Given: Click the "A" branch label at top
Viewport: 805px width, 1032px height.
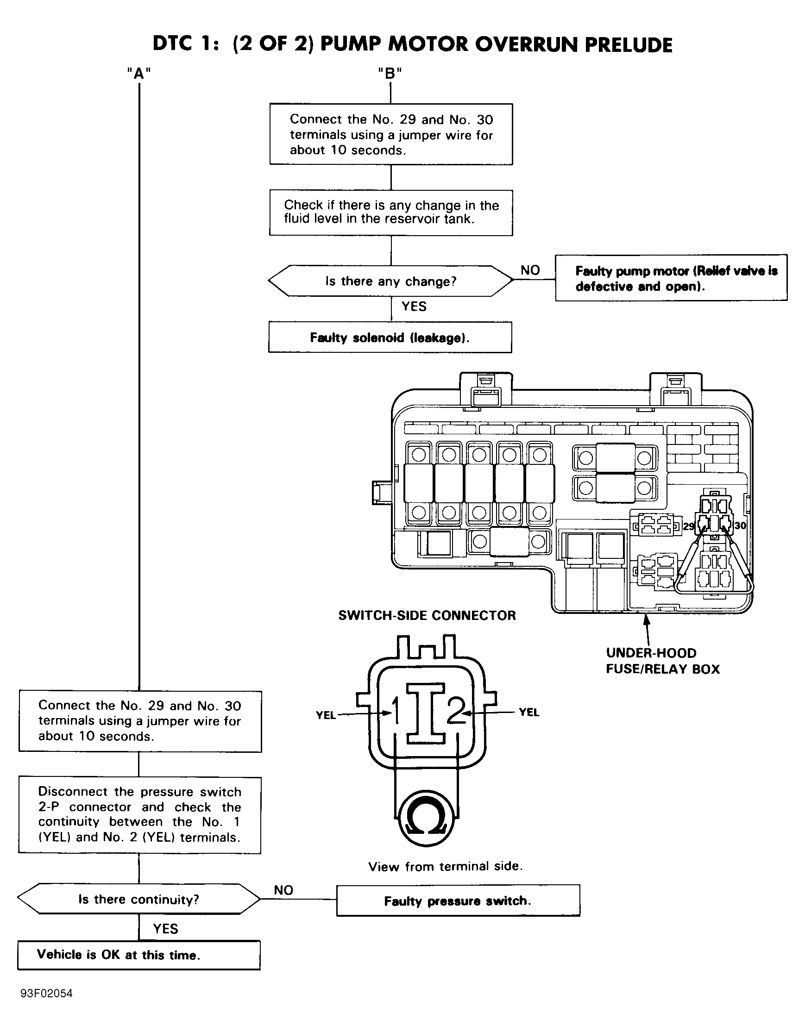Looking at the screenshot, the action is (139, 74).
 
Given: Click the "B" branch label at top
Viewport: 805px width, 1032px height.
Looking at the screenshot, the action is (390, 74).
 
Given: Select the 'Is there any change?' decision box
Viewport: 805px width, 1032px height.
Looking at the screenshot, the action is (391, 281).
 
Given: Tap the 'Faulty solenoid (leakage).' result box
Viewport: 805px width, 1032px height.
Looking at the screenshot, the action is (390, 338).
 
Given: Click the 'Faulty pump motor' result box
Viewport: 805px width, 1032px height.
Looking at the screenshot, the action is (671, 278).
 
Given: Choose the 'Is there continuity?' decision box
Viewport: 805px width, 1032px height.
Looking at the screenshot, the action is (138, 899).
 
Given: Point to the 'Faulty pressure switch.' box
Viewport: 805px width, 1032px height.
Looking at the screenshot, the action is (458, 901).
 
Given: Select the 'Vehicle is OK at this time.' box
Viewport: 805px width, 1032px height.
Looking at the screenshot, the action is (139, 955).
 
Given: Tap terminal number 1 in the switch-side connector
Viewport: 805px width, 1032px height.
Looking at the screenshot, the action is (396, 711).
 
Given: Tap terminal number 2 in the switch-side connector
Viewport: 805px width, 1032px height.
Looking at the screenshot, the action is (456, 711).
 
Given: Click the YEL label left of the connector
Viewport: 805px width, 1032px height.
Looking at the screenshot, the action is (326, 715).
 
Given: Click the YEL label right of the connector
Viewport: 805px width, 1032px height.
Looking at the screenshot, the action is (529, 712).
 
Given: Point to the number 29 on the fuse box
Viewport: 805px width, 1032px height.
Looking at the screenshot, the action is (689, 526).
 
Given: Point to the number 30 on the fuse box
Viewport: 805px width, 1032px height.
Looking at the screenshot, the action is (740, 525).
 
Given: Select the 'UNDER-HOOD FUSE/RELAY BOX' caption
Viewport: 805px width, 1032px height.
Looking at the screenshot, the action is (663, 661).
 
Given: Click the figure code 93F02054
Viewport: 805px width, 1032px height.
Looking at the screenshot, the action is (46, 993).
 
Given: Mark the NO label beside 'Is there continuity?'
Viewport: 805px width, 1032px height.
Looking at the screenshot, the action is (283, 890).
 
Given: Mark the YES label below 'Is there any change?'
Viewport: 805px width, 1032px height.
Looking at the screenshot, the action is (414, 306).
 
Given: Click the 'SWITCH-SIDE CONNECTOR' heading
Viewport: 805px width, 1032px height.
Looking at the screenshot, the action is (427, 615).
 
